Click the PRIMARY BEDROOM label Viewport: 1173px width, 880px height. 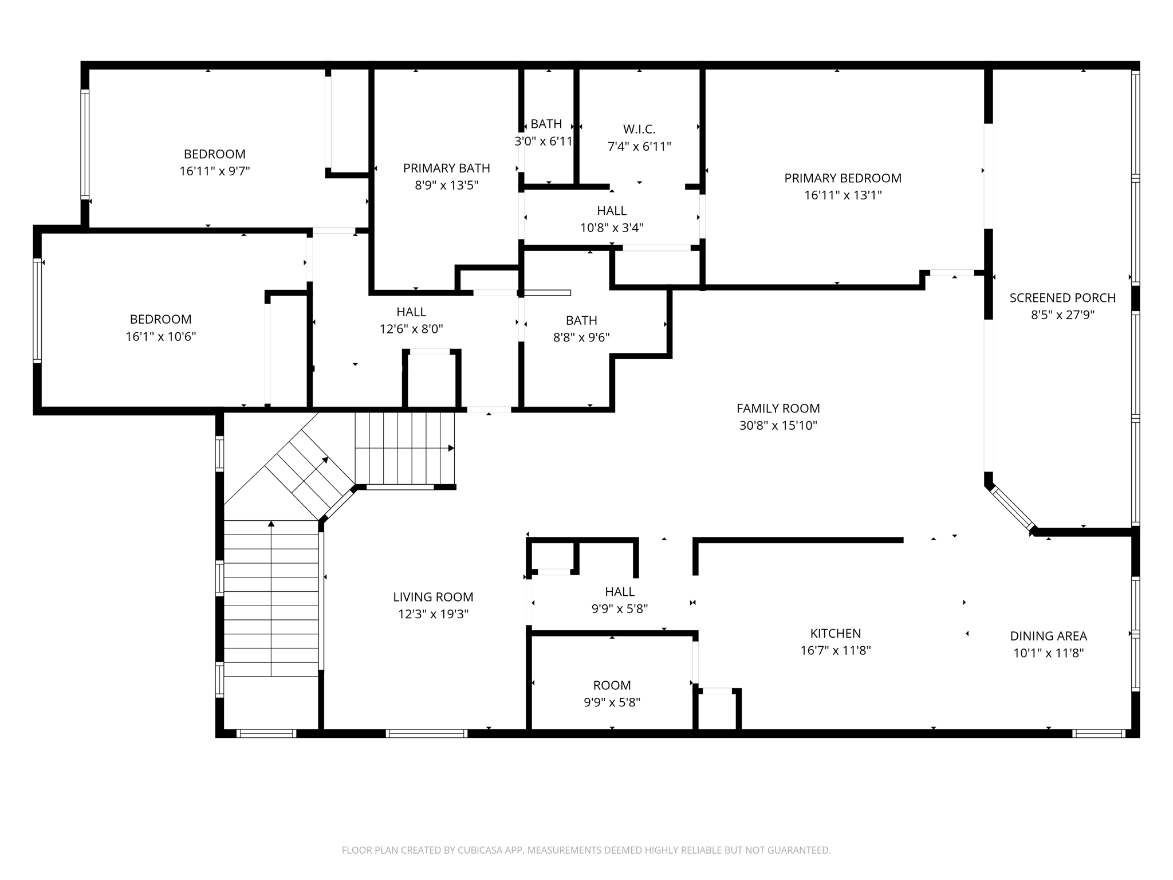click(x=843, y=178)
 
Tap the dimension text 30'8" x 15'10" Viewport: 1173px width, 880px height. click(x=778, y=425)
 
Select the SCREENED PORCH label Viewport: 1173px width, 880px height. click(x=1062, y=298)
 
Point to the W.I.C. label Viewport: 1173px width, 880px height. click(x=639, y=129)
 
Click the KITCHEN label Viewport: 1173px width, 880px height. click(x=835, y=633)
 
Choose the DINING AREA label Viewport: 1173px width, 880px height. click(x=1048, y=636)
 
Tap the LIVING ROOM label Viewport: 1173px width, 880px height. click(x=433, y=597)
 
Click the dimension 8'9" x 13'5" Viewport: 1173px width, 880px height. click(x=446, y=185)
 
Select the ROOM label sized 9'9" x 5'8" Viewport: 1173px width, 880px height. click(x=612, y=685)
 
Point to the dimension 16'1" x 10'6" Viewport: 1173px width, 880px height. click(x=160, y=336)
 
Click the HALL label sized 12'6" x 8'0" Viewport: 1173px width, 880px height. click(x=411, y=312)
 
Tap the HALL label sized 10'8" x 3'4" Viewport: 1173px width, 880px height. click(x=612, y=211)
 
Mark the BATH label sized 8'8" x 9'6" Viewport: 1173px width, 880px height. click(x=581, y=320)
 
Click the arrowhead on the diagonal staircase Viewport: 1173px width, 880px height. click(x=325, y=459)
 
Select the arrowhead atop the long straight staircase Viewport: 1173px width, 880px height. click(x=271, y=523)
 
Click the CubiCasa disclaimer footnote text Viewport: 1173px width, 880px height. click(x=586, y=850)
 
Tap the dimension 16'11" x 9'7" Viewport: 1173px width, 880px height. click(x=214, y=171)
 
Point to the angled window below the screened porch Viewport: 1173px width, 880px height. click(x=1013, y=508)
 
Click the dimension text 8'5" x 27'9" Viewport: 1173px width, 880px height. click(x=1062, y=315)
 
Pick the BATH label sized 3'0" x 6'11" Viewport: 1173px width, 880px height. click(x=546, y=124)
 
